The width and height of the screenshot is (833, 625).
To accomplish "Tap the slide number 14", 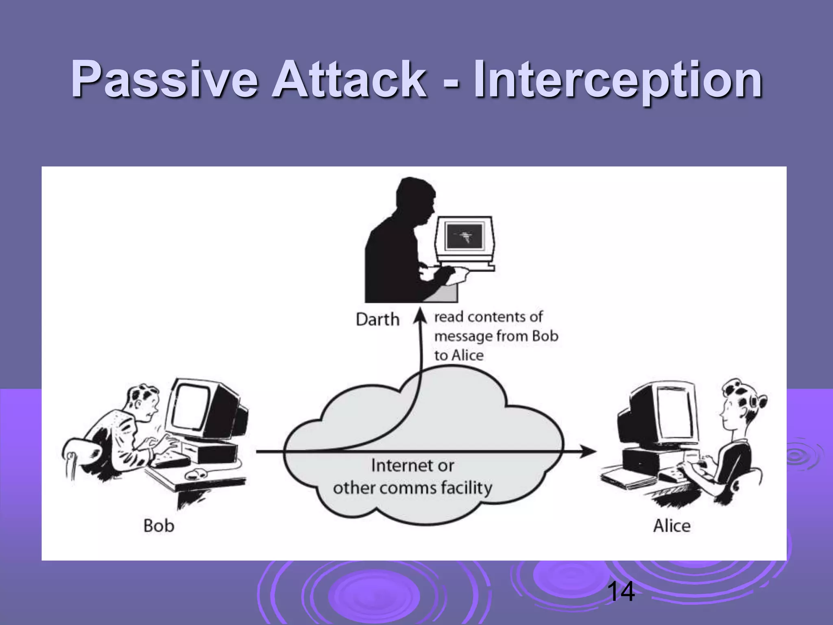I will pos(621,592).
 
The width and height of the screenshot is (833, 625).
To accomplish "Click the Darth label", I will pos(377,319).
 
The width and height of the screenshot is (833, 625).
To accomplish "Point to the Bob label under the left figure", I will pos(159,525).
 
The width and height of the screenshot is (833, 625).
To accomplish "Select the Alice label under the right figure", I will pos(672,525).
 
